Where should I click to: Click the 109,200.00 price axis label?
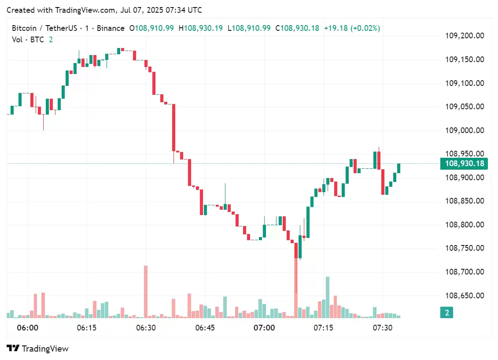click(x=465, y=36)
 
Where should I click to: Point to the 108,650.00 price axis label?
click(x=465, y=296)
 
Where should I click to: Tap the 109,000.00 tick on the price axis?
click(x=465, y=130)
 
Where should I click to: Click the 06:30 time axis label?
click(x=146, y=328)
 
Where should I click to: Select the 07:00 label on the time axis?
click(x=264, y=328)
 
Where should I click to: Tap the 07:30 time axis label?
click(x=382, y=328)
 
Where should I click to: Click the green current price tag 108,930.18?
click(x=465, y=164)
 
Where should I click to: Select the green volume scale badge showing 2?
click(x=446, y=313)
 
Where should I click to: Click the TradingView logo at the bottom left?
click(x=38, y=349)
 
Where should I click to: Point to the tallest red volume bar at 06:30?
click(x=146, y=291)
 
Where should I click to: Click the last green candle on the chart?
click(x=399, y=168)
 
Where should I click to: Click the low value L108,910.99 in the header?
click(x=249, y=28)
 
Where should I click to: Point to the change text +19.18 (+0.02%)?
click(x=352, y=28)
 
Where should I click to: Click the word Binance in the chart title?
click(x=111, y=28)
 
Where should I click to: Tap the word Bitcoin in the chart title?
click(x=25, y=28)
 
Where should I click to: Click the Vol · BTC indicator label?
click(x=28, y=40)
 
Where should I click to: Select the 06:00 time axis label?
click(x=27, y=328)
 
